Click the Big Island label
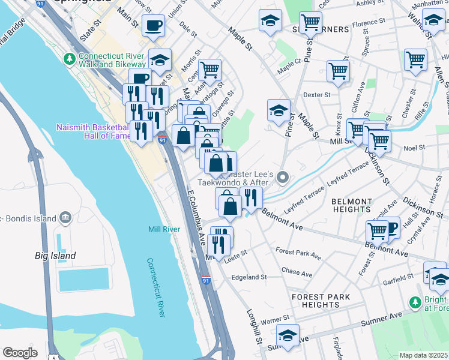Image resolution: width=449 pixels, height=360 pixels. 55,256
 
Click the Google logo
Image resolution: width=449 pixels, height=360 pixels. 20,353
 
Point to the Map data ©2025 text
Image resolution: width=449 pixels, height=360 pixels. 423,355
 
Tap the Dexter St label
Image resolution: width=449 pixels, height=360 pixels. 317,95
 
